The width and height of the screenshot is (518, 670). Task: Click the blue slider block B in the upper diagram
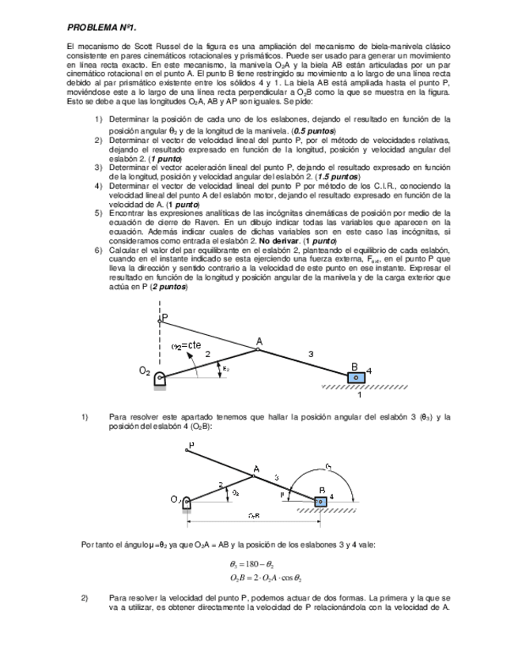click(356, 377)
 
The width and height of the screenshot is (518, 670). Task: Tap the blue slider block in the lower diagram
click(319, 501)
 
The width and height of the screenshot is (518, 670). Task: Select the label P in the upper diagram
click(164, 318)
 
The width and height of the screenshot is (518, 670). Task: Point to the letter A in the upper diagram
click(257, 342)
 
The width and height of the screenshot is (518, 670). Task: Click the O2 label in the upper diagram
click(145, 371)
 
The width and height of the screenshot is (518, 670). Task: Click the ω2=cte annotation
click(187, 345)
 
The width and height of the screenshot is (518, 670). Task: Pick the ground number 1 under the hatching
click(360, 395)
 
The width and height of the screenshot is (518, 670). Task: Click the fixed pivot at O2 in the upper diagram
click(160, 378)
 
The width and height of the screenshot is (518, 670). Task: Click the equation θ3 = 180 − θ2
click(251, 565)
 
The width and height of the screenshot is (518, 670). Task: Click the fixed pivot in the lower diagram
click(187, 502)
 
